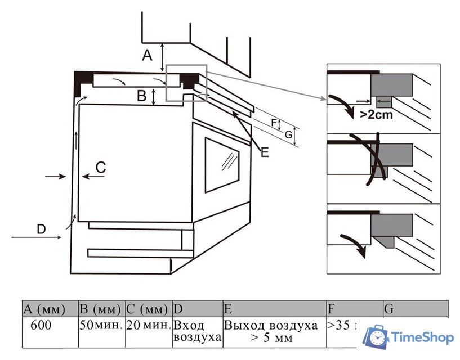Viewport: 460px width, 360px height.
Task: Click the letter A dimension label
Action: pyautogui.click(x=147, y=55)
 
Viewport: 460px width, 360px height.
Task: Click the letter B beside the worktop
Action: pyautogui.click(x=142, y=96)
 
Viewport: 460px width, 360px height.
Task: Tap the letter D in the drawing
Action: pyautogui.click(x=41, y=229)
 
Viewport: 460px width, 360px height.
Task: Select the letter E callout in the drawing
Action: pyautogui.click(x=264, y=151)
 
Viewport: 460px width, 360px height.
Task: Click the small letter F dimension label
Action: pyautogui.click(x=274, y=122)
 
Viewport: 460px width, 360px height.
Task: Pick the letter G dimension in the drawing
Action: pyautogui.click(x=288, y=135)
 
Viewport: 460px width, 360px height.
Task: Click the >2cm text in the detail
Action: pyautogui.click(x=376, y=115)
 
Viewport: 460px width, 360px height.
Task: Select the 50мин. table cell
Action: pyautogui.click(x=101, y=326)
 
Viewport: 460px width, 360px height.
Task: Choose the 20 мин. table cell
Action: pyautogui.click(x=148, y=326)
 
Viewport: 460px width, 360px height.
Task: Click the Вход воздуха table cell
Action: pyautogui.click(x=197, y=331)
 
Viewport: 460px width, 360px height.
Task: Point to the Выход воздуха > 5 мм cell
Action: pyautogui.click(x=275, y=332)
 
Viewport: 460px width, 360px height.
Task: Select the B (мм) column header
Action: pyautogui.click(x=101, y=309)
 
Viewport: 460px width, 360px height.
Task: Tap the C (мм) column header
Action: pyautogui.click(x=148, y=309)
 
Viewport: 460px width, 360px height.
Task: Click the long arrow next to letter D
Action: pyautogui.click(x=37, y=238)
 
